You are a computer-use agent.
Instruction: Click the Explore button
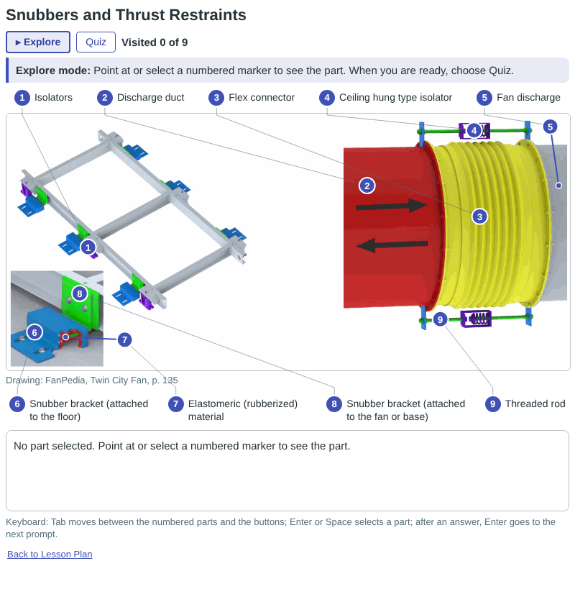click(38, 42)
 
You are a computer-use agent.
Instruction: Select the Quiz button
click(96, 42)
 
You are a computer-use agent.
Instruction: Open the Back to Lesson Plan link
click(50, 554)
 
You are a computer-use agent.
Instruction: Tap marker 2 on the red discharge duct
click(367, 186)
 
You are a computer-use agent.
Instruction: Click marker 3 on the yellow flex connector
click(480, 216)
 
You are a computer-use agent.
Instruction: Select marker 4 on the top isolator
click(474, 130)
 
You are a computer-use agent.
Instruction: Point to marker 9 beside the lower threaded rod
click(440, 319)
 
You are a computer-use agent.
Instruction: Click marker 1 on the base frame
click(88, 247)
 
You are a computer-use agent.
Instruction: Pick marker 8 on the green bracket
click(80, 293)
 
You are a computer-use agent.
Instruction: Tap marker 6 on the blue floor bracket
click(34, 332)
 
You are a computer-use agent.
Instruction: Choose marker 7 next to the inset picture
click(124, 340)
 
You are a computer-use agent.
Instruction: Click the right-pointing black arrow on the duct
click(391, 206)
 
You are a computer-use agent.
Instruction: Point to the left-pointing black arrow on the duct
click(392, 245)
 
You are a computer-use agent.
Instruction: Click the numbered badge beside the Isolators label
click(22, 98)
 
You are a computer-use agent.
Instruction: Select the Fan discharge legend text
click(528, 98)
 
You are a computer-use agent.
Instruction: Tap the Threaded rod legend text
click(535, 403)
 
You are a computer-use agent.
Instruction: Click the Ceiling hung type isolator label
click(395, 98)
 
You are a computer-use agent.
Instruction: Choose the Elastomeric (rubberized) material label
click(243, 410)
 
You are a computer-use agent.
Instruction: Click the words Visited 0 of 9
click(155, 42)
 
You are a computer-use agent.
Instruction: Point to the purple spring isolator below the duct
click(476, 319)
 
